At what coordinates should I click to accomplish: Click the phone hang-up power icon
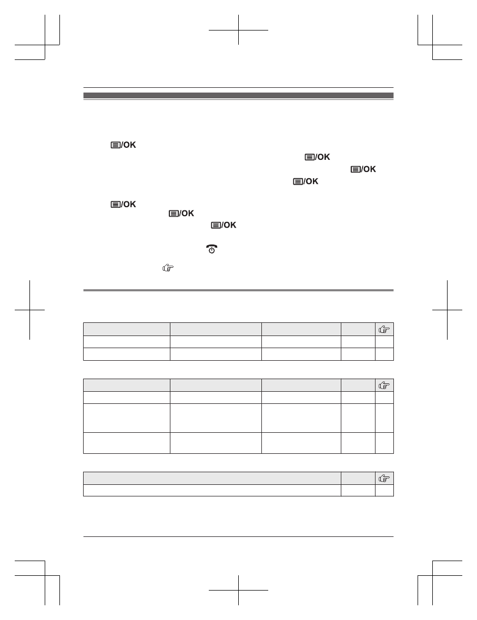pos(211,249)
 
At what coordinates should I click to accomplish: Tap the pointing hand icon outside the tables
pos(168,268)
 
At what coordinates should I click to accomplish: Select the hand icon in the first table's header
pos(384,329)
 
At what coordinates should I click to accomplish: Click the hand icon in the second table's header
pos(384,385)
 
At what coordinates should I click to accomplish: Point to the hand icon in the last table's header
pos(384,478)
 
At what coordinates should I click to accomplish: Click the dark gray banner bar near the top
pos(239,95)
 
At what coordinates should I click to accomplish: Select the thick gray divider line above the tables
pos(239,290)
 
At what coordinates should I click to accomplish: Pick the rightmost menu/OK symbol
pos(363,169)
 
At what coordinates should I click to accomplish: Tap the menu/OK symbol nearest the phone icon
pos(224,225)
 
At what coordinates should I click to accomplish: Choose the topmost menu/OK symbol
pos(123,145)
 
